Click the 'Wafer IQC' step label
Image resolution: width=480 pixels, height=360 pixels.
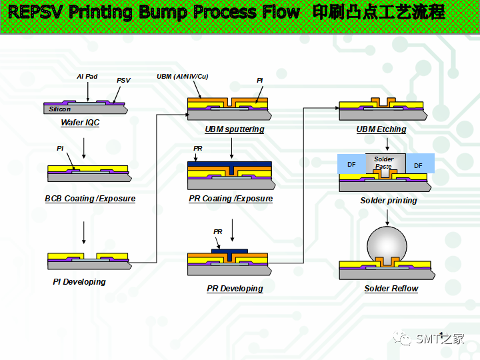(x=80, y=123)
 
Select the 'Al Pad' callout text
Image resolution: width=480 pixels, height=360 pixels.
(x=87, y=77)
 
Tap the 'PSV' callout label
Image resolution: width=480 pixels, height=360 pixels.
(x=123, y=80)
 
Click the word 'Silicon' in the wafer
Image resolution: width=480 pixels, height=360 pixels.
(x=60, y=109)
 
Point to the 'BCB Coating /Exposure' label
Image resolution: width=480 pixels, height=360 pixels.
(x=90, y=199)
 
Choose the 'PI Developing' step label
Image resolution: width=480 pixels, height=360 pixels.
(x=79, y=281)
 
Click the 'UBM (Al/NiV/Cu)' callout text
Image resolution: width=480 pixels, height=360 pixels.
(x=183, y=77)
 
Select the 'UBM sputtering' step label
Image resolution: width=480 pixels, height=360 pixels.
(x=235, y=129)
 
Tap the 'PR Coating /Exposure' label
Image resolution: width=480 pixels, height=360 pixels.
(x=231, y=199)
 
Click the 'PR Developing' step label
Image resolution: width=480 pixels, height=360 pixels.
(x=235, y=289)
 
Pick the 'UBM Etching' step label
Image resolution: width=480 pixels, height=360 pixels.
(x=381, y=129)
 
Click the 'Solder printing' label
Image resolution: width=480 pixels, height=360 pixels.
(x=389, y=201)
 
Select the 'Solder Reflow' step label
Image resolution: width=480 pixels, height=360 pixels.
(x=391, y=289)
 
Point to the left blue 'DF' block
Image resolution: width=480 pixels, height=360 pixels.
(x=351, y=164)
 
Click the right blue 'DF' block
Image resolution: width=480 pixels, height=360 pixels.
(x=419, y=164)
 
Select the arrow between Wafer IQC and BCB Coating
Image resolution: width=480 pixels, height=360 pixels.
(x=83, y=148)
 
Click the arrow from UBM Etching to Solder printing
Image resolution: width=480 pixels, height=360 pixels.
(x=387, y=144)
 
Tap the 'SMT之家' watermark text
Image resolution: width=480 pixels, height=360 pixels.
(x=440, y=339)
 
